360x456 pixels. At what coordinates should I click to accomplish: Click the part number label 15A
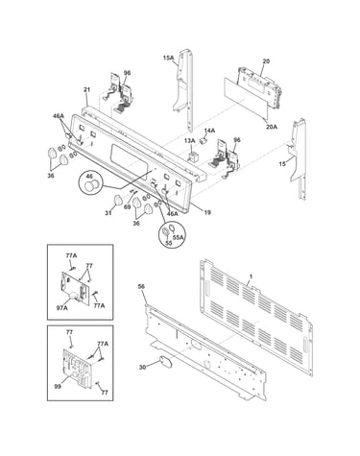pos(168,58)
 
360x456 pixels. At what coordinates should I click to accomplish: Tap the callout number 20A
pos(272,127)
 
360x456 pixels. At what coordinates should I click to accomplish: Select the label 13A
pos(189,141)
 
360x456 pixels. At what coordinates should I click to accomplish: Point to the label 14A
pos(209,131)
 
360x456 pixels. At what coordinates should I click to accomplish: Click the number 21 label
pos(87,90)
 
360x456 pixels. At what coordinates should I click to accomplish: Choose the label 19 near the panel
pos(207,212)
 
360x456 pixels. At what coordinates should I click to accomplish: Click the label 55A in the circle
pos(179,238)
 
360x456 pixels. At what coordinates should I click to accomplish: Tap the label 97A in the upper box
pos(62,308)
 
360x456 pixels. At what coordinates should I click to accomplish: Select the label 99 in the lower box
pos(58,387)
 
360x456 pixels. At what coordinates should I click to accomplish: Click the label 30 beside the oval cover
pos(142,368)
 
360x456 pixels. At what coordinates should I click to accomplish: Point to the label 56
pos(141,286)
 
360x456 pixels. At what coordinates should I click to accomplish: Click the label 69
pos(127,207)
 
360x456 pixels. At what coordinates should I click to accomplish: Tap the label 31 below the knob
pos(108,213)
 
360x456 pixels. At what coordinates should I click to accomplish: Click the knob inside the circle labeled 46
pos(90,185)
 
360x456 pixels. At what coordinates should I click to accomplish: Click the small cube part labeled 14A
pos(203,140)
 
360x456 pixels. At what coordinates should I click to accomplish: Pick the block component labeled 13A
pos(193,157)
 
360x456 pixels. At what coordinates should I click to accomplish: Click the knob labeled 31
pos(118,201)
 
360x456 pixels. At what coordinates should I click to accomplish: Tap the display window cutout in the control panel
pos(130,158)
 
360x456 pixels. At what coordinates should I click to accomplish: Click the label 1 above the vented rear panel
pos(251,276)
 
